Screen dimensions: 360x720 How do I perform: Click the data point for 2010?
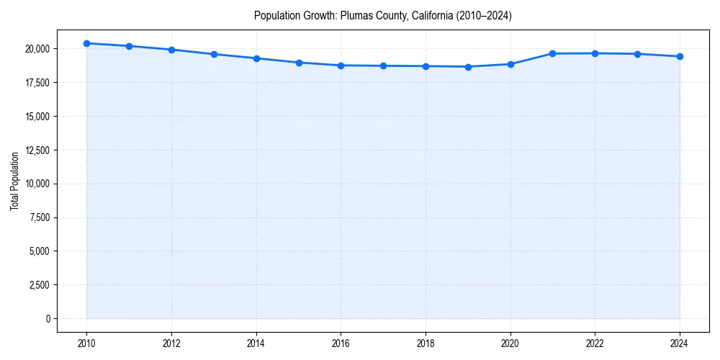click(x=86, y=43)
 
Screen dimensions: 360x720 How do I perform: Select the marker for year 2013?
click(x=214, y=54)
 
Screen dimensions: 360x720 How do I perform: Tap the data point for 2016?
click(x=341, y=66)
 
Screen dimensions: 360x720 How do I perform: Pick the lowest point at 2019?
click(x=468, y=67)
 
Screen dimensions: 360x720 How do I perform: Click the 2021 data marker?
click(x=553, y=53)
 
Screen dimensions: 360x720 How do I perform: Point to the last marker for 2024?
click(x=680, y=56)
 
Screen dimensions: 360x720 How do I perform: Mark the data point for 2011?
click(x=129, y=46)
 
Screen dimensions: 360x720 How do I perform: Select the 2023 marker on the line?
click(x=637, y=54)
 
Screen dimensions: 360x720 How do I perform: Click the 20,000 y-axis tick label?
click(x=37, y=49)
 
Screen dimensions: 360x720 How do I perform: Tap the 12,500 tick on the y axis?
click(x=37, y=150)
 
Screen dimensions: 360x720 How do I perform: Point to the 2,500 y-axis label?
click(x=39, y=284)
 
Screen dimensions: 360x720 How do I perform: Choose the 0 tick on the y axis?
click(x=48, y=318)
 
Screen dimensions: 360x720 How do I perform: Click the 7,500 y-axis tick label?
click(x=39, y=217)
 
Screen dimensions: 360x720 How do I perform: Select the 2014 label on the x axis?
click(x=256, y=343)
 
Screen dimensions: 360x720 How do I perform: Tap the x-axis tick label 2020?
click(x=510, y=343)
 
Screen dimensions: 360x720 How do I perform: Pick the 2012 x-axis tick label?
click(x=171, y=343)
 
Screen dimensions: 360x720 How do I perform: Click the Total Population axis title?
click(x=14, y=181)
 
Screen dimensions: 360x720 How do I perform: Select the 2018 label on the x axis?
click(x=426, y=343)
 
